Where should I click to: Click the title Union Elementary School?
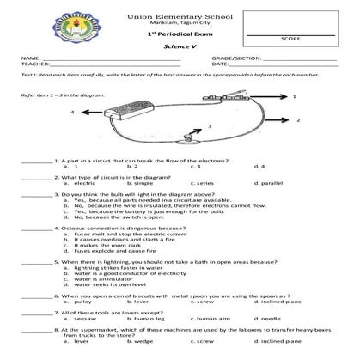tap(180, 17)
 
